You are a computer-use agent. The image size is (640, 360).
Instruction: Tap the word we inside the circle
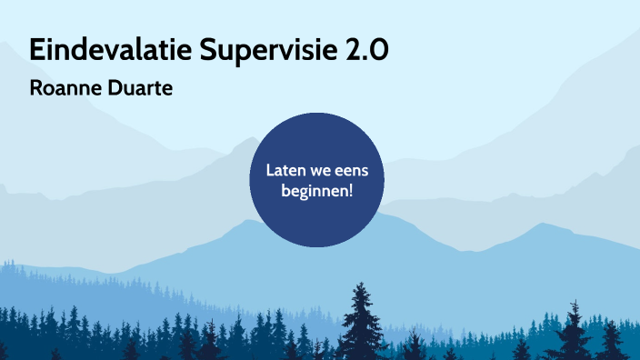point(323,170)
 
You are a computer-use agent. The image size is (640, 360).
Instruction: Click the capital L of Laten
point(270,170)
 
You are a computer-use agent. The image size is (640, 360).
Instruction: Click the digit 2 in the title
point(355,51)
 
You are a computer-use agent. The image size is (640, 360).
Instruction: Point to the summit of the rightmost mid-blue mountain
point(544,225)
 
